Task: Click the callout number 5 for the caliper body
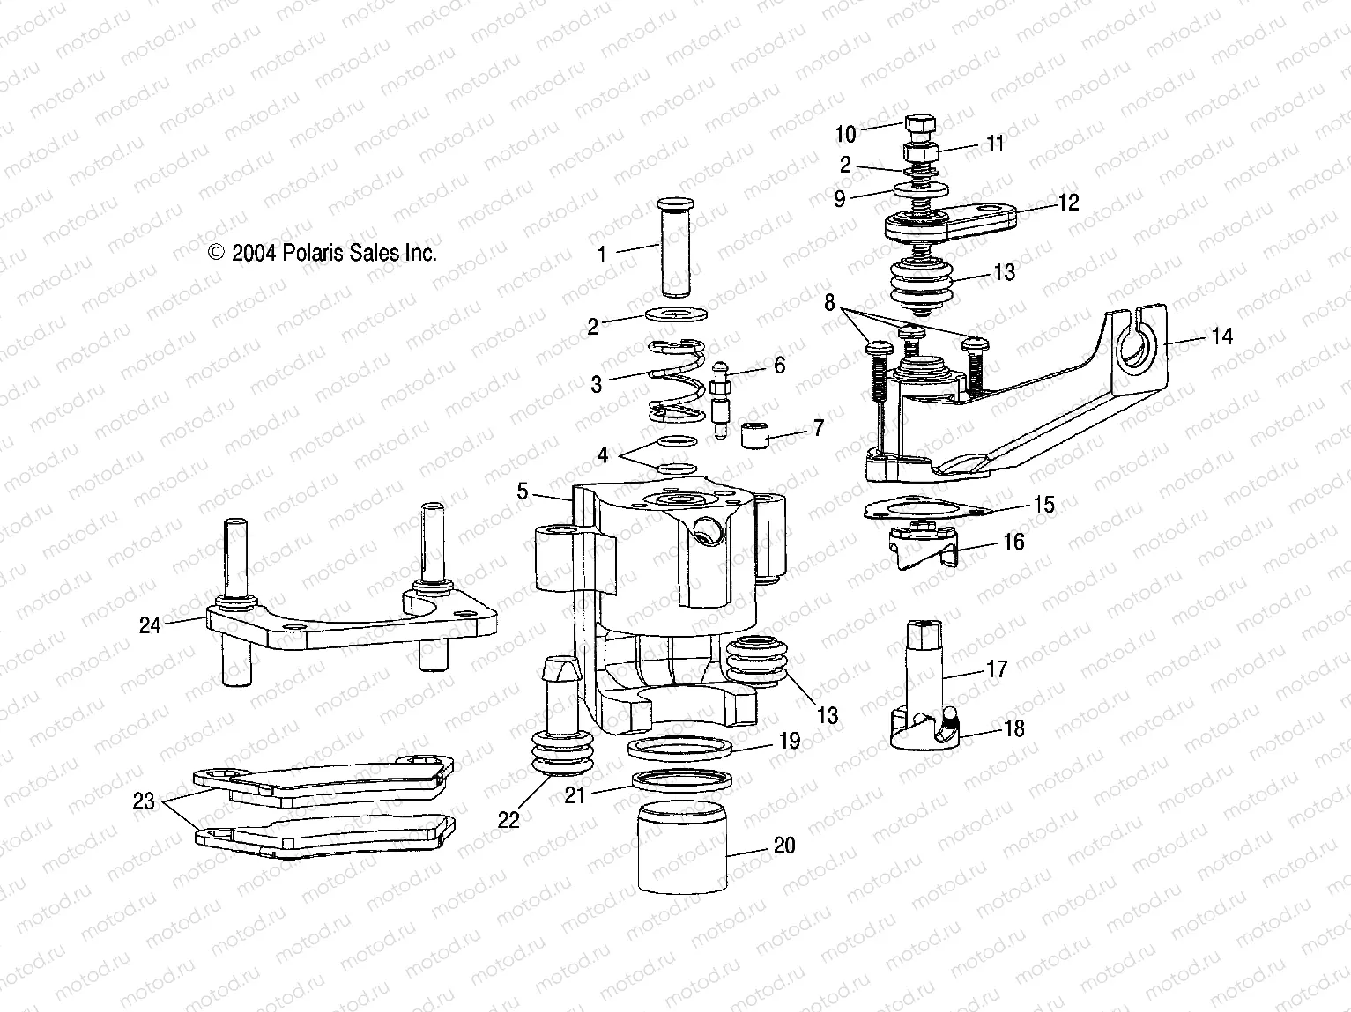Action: pyautogui.click(x=523, y=491)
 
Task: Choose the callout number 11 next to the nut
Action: pyautogui.click(x=995, y=144)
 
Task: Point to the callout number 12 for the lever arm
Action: pyautogui.click(x=1068, y=203)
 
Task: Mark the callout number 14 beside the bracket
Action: pyautogui.click(x=1221, y=336)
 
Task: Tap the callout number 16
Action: pyautogui.click(x=1014, y=541)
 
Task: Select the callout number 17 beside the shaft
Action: pyautogui.click(x=997, y=669)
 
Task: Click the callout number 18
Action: pyautogui.click(x=1015, y=728)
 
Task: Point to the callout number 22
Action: pyautogui.click(x=508, y=819)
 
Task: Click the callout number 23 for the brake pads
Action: pyautogui.click(x=144, y=801)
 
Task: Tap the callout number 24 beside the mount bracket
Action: pyautogui.click(x=150, y=625)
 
